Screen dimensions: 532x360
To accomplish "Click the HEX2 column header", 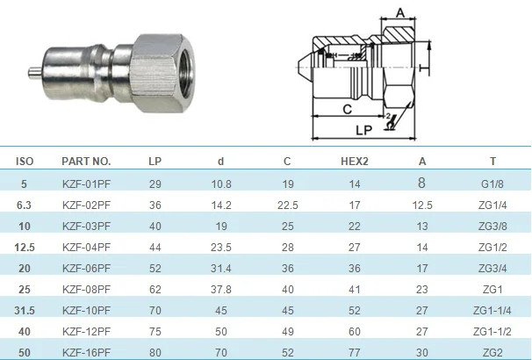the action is coord(354,162).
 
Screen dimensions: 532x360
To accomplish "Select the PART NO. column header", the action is coord(86,162).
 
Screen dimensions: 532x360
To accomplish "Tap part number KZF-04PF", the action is coord(86,247).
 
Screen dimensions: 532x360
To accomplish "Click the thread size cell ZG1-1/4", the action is coord(492,311).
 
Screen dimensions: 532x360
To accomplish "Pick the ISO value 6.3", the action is coord(24,205).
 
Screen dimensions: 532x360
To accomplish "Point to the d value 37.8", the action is coord(221,290).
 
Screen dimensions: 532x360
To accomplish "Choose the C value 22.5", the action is coord(287,205).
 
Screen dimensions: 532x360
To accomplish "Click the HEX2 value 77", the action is coord(354,353).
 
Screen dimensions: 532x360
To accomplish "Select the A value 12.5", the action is coord(421,205).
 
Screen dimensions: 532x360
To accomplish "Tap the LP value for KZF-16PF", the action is coord(155,353).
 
